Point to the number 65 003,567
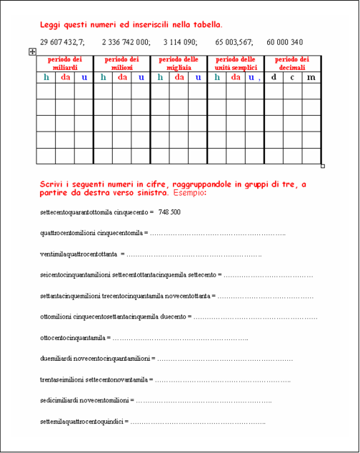234,42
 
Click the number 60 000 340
284,42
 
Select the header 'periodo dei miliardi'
65,63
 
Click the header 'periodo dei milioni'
121,63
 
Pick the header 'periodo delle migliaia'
179,63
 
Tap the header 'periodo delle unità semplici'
235,63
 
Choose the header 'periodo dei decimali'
292,63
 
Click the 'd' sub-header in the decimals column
274,77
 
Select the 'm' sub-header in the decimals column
311,77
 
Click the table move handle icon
32,51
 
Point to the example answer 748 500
169,212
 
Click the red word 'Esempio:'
189,193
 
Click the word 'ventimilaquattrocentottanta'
79,254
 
